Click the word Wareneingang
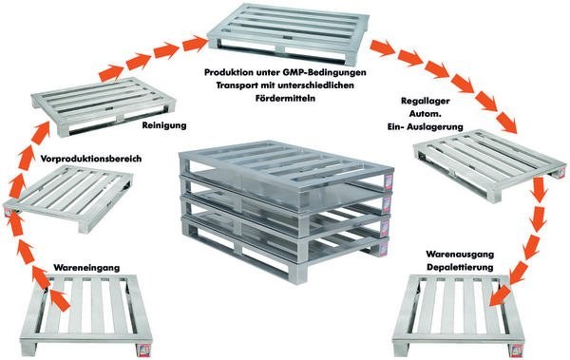click(x=86, y=268)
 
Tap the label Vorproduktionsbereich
click(x=91, y=159)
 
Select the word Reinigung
click(x=164, y=125)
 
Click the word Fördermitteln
click(x=285, y=98)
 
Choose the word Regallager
click(x=425, y=101)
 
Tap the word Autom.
click(x=426, y=114)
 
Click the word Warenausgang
click(x=460, y=254)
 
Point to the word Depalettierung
click(x=460, y=267)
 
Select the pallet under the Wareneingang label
click(x=85, y=314)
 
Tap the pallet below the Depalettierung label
click(x=458, y=314)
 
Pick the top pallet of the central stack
click(x=285, y=165)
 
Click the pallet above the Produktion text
click(x=288, y=33)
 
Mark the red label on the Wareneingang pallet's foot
click(x=143, y=350)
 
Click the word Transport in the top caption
click(x=234, y=85)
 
